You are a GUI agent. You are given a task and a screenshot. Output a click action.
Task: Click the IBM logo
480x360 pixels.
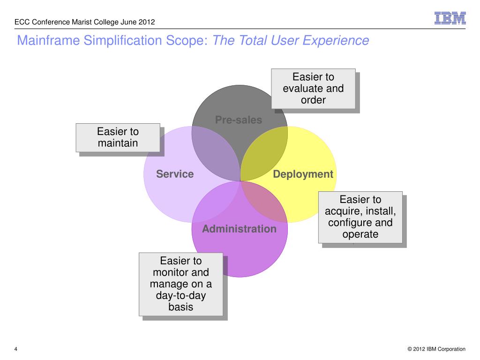click(x=450, y=18)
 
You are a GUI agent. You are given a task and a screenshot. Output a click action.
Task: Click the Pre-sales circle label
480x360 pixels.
click(x=239, y=120)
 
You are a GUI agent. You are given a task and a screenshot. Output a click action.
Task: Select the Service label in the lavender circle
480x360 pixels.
click(x=175, y=174)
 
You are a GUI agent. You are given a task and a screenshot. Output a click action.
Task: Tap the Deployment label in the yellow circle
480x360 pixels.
click(x=303, y=174)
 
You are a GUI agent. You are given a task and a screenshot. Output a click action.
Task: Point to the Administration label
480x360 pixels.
click(x=239, y=229)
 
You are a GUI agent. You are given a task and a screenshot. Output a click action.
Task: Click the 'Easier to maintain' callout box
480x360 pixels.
click(x=118, y=137)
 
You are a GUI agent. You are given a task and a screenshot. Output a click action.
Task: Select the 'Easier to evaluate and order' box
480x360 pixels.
click(x=313, y=88)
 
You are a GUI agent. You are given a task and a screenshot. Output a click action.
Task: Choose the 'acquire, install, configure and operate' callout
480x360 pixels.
click(x=360, y=217)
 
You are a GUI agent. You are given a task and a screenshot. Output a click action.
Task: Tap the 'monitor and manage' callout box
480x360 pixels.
click(x=180, y=284)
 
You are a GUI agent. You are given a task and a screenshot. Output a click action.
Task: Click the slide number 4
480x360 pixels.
click(x=16, y=349)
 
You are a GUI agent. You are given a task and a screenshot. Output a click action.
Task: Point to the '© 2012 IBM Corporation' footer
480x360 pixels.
click(x=436, y=349)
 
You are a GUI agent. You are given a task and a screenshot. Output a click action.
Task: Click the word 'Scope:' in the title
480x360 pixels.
click(x=192, y=41)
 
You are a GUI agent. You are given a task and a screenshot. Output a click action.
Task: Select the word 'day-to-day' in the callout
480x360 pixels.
click(x=180, y=295)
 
